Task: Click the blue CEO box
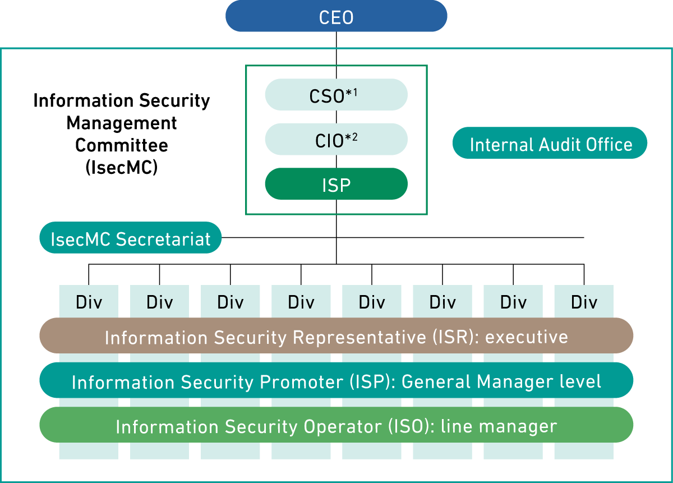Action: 336,16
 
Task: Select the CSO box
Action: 336,95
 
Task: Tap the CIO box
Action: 336,140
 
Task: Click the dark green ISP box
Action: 336,185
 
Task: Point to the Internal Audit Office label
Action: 550,144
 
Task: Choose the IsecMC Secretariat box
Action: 131,238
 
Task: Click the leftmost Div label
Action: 89,302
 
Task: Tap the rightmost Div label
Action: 584,302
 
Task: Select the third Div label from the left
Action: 230,302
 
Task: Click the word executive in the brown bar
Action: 527,337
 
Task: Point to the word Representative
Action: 359,337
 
